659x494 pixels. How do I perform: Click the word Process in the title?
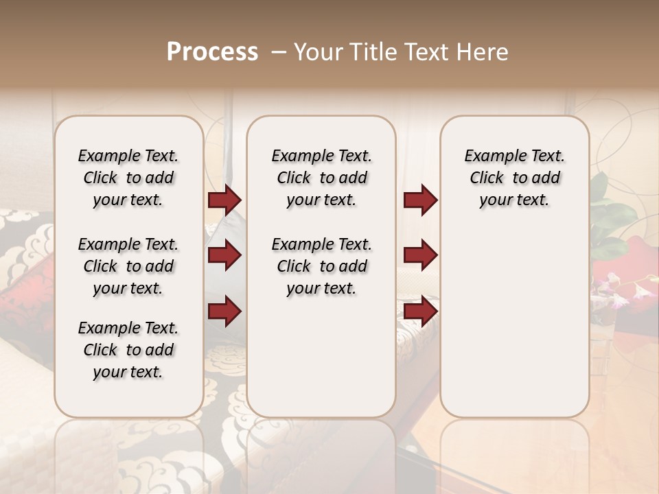212,52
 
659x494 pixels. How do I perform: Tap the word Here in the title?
484,52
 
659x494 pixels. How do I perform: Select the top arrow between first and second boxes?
224,200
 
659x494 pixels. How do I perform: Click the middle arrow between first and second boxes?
224,255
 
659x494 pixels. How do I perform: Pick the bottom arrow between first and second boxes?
224,311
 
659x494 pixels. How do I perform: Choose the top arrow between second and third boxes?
420,200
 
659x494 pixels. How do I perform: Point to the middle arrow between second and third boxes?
420,255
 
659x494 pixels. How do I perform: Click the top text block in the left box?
128,178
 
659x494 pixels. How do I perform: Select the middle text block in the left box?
128,266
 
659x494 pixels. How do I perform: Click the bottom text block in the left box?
128,350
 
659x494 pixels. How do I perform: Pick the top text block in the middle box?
321,178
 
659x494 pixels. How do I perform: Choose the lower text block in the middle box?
321,266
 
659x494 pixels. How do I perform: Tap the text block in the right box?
514,178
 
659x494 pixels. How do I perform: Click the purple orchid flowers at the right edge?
621,288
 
